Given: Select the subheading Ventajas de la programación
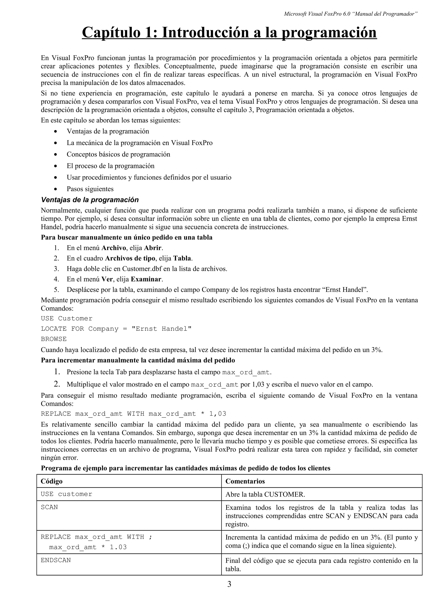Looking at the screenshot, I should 90,200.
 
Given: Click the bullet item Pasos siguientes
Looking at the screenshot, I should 90,189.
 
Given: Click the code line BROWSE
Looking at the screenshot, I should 53,339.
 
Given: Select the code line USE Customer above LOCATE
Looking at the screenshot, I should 66,318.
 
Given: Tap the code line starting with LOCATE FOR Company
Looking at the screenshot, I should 116,329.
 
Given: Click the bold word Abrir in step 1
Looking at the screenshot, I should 153,248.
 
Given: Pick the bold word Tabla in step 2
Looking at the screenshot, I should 182,258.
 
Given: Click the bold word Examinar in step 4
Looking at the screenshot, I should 146,279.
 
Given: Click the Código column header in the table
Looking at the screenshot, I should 52,481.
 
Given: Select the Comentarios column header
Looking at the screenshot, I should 245,481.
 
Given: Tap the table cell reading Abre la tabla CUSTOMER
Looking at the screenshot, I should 265,494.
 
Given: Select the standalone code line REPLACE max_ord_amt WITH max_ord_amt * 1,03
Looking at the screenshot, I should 134,414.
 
